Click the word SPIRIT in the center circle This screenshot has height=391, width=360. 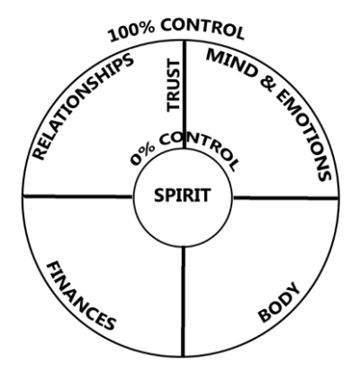pos(182,195)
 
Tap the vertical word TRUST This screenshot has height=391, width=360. pos(174,86)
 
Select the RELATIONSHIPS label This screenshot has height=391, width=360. pos(83,106)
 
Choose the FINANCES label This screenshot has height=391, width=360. pos(80,296)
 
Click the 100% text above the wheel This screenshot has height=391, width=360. pos(131,32)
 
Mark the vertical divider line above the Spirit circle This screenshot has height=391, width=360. pos(184,95)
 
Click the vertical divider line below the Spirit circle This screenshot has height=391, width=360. pos(183,302)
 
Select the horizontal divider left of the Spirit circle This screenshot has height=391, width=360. pos(78,196)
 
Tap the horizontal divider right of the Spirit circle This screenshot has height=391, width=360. pos(285,197)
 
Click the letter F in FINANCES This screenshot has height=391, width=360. pos(53,268)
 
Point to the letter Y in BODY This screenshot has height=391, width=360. pos(292,289)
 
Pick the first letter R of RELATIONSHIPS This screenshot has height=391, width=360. pos(39,152)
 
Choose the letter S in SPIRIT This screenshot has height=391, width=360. pos(158,195)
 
